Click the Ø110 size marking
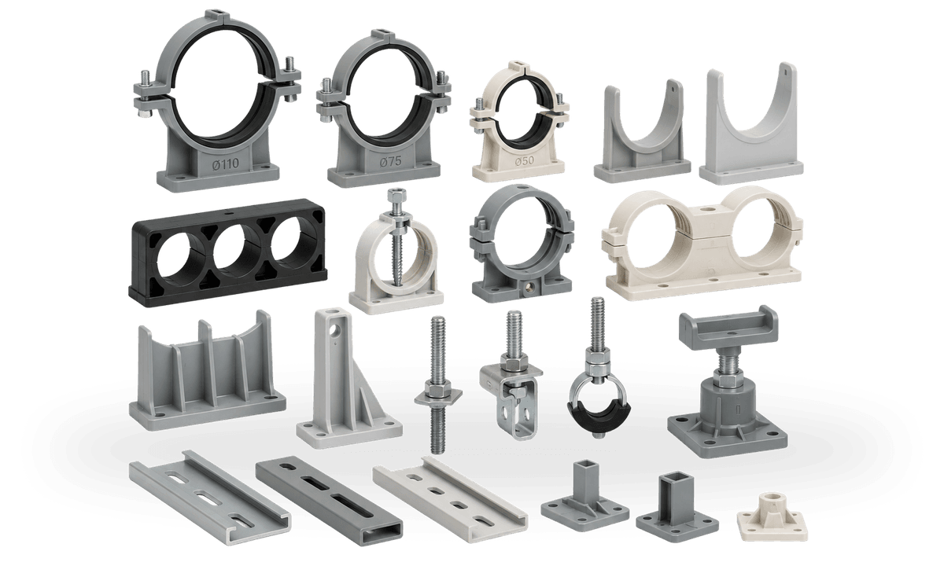coord(226,163)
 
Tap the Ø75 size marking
coord(391,162)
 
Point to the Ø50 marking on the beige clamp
coord(524,160)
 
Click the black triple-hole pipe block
coord(227,252)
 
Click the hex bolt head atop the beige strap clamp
coord(396,195)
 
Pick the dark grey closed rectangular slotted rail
coord(329,501)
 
